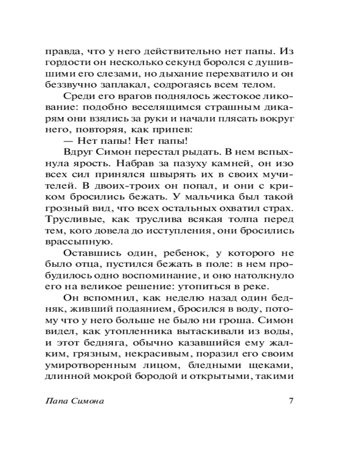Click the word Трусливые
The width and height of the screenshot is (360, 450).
tap(69, 220)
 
